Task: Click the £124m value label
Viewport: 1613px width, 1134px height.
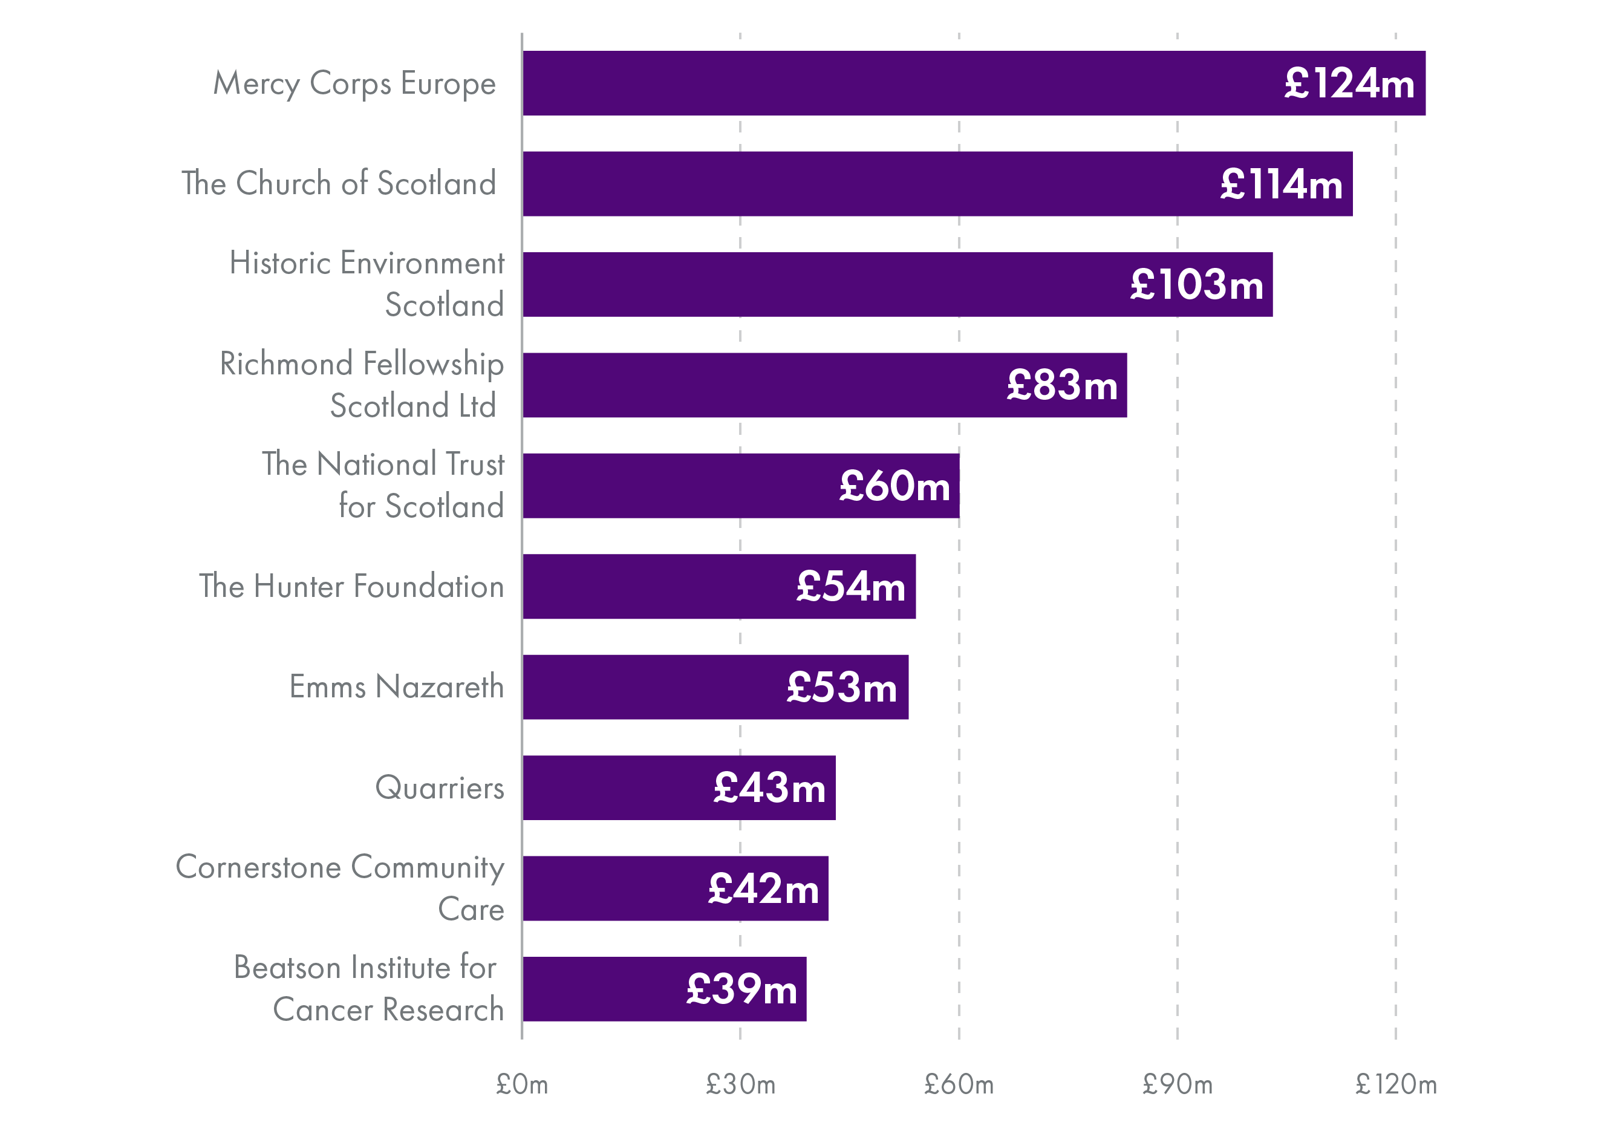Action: [x=1349, y=83]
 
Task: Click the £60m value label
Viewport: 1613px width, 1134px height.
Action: [x=894, y=486]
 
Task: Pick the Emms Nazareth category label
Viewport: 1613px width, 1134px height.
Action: [x=397, y=686]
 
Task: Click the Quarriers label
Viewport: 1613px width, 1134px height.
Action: [x=440, y=787]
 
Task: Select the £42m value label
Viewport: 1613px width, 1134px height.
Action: [x=764, y=889]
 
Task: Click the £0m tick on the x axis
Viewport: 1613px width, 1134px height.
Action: [x=522, y=1085]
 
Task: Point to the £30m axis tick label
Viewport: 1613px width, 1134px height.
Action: [x=740, y=1085]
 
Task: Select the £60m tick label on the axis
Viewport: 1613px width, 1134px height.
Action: [x=959, y=1085]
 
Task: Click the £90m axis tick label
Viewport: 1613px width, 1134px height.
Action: [x=1178, y=1085]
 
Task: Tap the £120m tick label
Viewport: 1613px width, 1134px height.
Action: [x=1396, y=1085]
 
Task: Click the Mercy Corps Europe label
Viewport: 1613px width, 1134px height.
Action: [x=355, y=83]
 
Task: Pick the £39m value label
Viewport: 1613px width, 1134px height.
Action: [x=742, y=989]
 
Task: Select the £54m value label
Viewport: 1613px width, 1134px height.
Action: [x=851, y=587]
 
